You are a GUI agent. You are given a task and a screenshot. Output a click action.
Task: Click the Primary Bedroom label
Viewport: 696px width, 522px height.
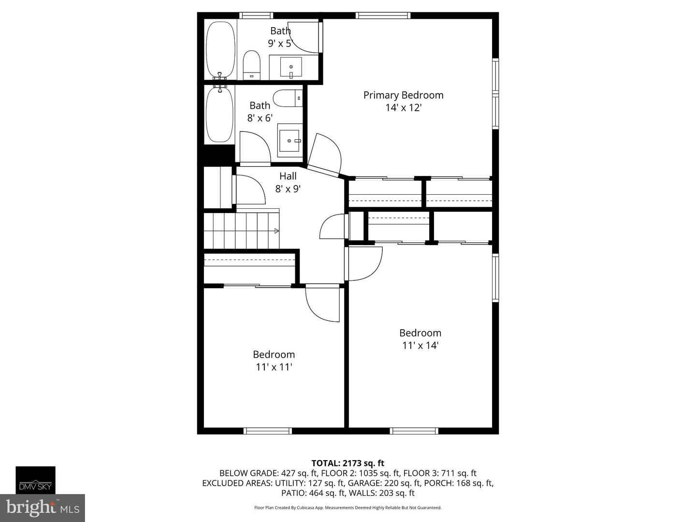point(403,101)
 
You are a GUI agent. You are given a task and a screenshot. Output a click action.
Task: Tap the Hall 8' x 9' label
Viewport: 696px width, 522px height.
point(288,183)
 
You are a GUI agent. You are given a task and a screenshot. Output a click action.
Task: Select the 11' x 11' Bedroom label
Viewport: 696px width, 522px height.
point(274,361)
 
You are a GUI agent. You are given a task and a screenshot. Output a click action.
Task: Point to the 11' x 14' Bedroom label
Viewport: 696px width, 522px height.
point(420,339)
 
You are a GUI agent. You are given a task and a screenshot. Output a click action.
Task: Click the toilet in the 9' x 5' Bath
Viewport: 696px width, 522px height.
point(252,65)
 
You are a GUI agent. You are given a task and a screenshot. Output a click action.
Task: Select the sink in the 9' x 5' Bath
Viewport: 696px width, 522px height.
point(291,68)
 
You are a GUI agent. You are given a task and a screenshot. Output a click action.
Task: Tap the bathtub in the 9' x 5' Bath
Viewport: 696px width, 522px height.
point(221,50)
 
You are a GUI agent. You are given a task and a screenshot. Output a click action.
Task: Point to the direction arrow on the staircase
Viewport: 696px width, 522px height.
point(276,231)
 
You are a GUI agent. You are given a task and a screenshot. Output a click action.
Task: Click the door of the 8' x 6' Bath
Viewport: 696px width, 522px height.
point(255,148)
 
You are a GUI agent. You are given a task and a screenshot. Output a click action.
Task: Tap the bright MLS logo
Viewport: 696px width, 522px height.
point(43,507)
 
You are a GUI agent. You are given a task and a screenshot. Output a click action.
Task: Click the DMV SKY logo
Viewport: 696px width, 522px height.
point(35,480)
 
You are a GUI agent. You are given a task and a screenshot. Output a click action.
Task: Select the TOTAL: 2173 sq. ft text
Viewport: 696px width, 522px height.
point(348,464)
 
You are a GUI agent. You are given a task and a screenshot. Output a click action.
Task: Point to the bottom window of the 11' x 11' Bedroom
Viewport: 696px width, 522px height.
point(268,431)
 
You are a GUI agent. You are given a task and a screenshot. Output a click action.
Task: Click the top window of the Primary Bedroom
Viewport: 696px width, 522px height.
point(383,15)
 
